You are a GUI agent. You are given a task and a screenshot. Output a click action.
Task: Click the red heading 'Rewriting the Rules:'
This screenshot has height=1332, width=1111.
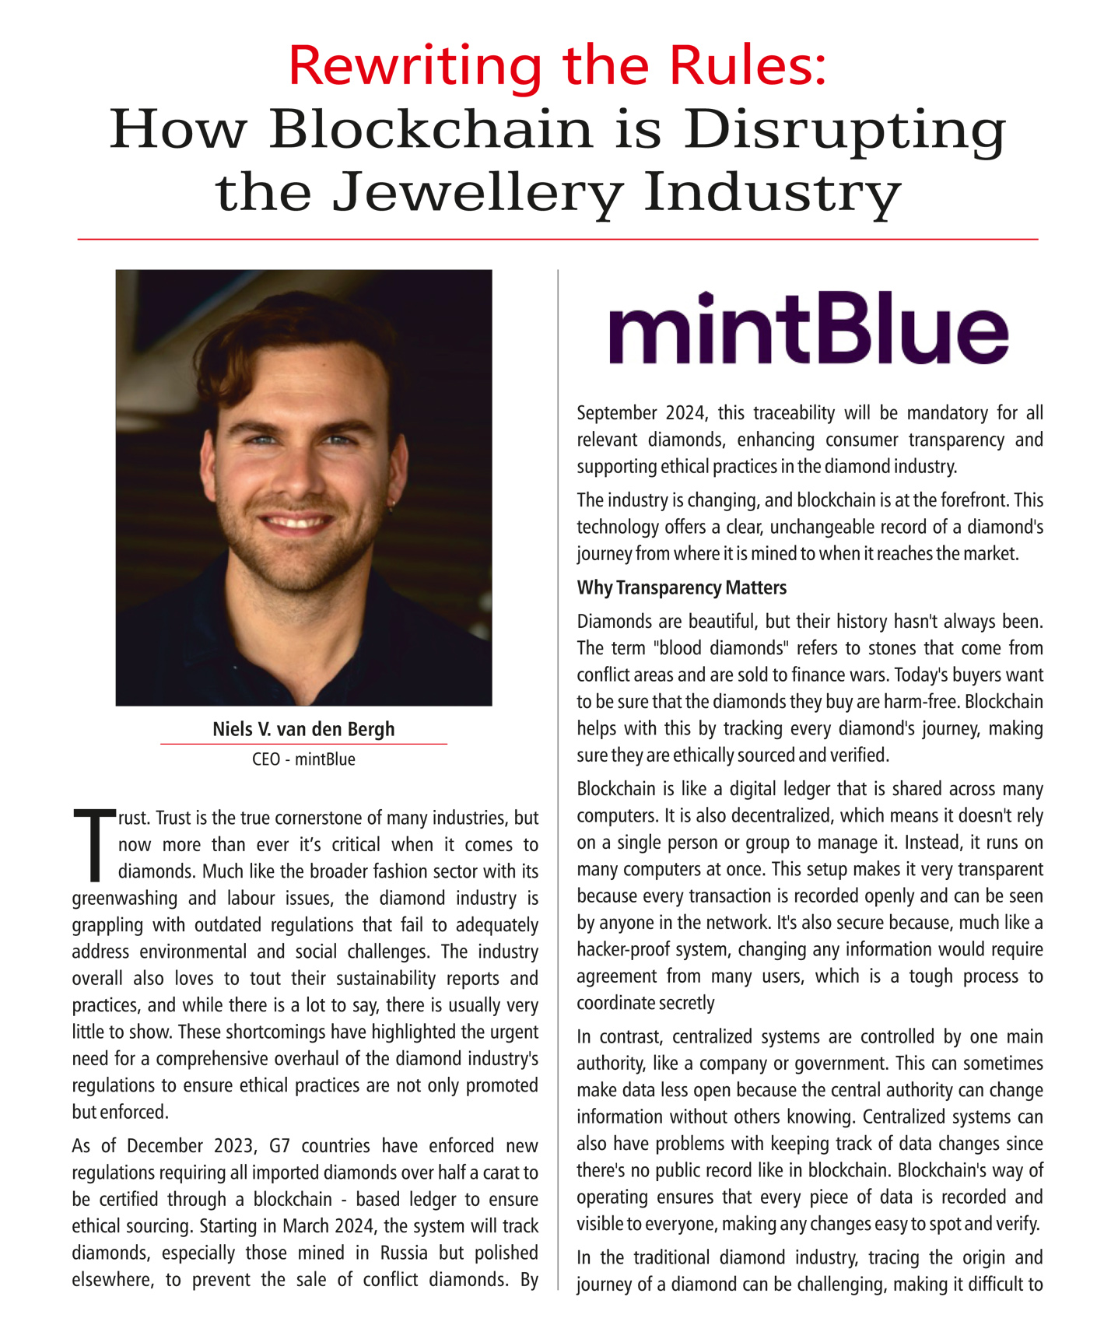(x=557, y=65)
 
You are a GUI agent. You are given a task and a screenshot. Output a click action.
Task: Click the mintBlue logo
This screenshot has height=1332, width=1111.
(x=808, y=328)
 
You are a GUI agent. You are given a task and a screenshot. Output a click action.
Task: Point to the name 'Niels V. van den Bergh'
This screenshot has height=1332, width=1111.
(x=303, y=729)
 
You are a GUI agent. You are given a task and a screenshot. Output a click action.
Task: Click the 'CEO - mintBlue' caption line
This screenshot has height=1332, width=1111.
(x=303, y=759)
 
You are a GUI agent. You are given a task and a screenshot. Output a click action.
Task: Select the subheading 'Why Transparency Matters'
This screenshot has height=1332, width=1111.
(x=682, y=587)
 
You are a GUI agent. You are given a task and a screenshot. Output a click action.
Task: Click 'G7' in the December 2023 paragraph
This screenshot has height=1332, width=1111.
(x=279, y=1146)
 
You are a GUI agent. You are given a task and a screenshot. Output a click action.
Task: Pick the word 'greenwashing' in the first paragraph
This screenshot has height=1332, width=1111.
(x=124, y=899)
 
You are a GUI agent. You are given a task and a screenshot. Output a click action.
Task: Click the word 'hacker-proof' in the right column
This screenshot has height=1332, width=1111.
(x=624, y=950)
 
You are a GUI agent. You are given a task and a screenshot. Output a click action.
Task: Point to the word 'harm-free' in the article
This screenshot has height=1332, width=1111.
(x=921, y=702)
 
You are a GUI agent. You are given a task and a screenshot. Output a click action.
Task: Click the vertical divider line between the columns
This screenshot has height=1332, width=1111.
(x=558, y=778)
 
